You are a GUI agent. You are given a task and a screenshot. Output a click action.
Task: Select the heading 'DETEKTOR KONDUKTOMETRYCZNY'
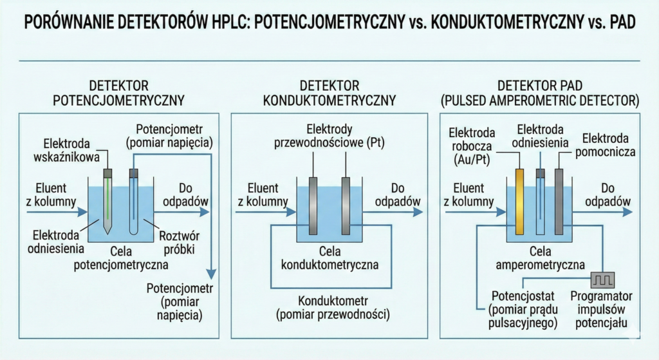click(x=329, y=93)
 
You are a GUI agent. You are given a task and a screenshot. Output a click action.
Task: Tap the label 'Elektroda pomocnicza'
click(x=609, y=146)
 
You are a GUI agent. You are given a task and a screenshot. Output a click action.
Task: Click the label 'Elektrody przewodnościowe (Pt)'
click(x=329, y=136)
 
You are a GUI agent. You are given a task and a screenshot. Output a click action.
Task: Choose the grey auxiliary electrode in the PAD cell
click(x=559, y=203)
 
